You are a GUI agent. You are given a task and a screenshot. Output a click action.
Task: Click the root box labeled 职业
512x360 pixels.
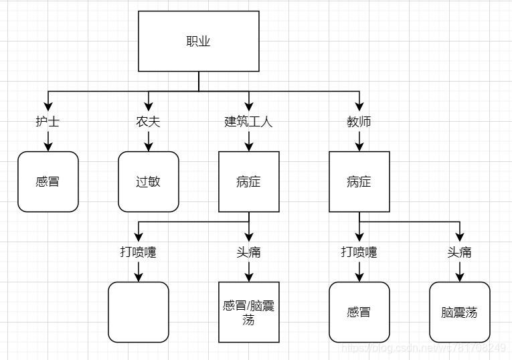198,41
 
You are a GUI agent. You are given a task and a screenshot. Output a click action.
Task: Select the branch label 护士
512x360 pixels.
48,122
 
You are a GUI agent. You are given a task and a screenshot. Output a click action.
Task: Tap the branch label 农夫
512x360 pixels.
148,122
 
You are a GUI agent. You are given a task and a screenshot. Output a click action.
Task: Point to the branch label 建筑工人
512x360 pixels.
248,122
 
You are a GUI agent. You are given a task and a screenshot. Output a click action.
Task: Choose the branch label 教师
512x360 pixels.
359,122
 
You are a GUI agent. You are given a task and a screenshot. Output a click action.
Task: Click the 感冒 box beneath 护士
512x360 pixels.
48,181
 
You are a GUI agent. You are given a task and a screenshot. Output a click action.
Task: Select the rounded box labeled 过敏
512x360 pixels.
148,181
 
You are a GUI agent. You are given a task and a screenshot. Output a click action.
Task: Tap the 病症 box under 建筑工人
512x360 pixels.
248,181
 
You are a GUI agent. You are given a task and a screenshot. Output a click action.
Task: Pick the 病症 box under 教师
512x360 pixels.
359,181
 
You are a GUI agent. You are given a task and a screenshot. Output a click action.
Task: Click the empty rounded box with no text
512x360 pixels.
138,312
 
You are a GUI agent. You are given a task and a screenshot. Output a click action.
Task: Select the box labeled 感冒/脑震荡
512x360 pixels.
248,312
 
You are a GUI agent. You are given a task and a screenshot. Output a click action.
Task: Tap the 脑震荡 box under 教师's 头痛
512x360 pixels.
459,312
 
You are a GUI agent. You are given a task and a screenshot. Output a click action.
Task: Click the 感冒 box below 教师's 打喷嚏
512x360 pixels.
359,312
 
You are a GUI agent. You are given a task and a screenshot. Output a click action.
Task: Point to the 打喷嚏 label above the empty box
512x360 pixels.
138,252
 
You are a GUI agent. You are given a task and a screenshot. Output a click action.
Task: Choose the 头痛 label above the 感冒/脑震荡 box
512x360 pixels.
248,252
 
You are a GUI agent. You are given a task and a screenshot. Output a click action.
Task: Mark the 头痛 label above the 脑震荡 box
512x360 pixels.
459,252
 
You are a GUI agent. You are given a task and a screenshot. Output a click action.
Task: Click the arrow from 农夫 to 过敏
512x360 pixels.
148,141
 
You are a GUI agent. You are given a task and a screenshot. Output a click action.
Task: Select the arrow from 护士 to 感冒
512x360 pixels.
48,141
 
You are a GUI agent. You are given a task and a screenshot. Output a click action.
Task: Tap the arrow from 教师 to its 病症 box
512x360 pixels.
359,141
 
